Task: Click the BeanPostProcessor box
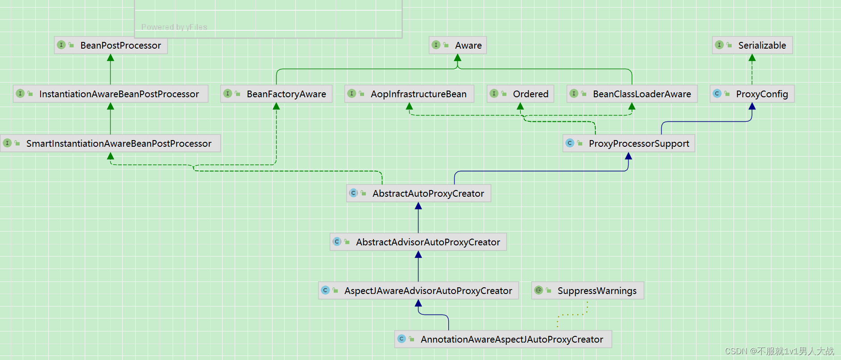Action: (x=111, y=46)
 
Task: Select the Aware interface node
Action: (x=458, y=46)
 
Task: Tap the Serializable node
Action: (x=752, y=46)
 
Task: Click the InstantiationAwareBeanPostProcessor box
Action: (x=111, y=94)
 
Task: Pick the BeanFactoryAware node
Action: (x=276, y=94)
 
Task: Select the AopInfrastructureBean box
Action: (x=409, y=94)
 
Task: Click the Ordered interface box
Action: (x=520, y=94)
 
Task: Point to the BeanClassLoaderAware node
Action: (x=632, y=94)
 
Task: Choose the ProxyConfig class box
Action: (x=752, y=94)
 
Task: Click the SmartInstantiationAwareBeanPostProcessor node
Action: (x=111, y=144)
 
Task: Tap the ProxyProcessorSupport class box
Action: (x=629, y=144)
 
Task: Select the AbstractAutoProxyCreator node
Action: (x=418, y=194)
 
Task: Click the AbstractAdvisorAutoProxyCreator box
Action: (x=418, y=242)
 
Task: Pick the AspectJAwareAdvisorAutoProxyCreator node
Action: (x=418, y=291)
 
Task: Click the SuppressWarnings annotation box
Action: (x=588, y=291)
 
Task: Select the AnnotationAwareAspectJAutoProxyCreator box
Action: (x=503, y=339)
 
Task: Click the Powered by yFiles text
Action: (x=174, y=27)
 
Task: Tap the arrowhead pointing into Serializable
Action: (x=752, y=58)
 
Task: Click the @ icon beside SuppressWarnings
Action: (x=539, y=290)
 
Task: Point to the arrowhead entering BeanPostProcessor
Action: (x=111, y=58)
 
